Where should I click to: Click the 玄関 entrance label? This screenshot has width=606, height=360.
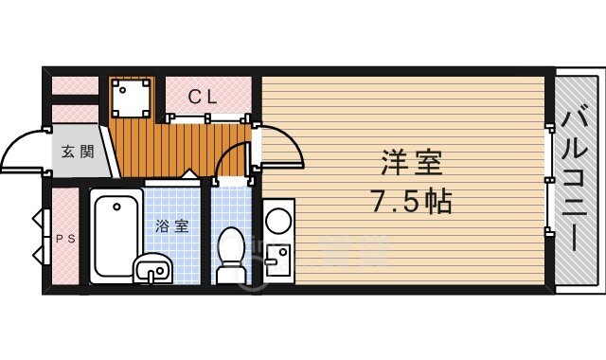click(78, 152)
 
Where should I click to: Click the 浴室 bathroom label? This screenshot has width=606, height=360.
click(172, 226)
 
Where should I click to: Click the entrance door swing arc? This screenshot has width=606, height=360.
click(21, 152)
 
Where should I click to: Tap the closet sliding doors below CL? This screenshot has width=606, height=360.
click(209, 118)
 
